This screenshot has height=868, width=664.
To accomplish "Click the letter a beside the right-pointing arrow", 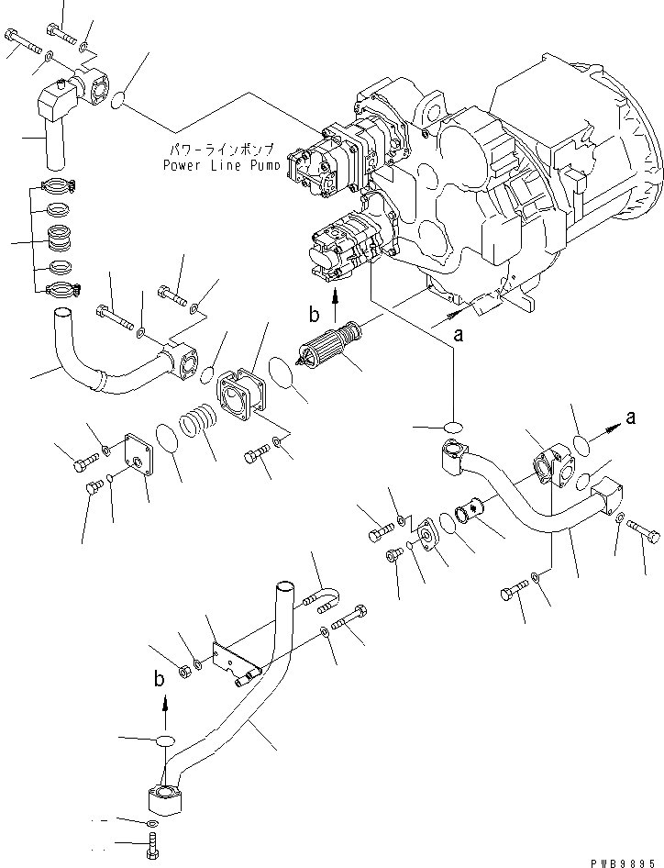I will point(630,418).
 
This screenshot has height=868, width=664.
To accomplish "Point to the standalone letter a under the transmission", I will point(459,337).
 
